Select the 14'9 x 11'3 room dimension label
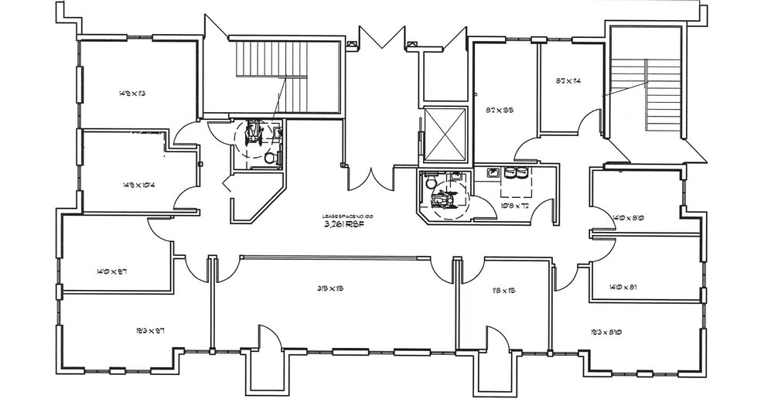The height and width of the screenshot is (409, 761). (133, 94)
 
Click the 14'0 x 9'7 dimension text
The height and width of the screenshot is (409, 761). (111, 271)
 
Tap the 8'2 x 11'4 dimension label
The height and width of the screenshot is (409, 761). (568, 80)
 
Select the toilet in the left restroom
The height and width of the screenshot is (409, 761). (269, 157)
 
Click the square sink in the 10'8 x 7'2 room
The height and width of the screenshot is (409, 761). (490, 172)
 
